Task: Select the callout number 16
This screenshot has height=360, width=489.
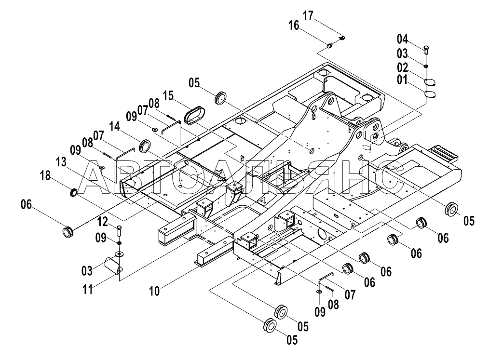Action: coord(294,25)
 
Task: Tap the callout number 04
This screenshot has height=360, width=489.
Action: coord(402,39)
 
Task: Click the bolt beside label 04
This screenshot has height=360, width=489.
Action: coord(426,50)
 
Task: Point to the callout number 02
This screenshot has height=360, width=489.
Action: coord(402,67)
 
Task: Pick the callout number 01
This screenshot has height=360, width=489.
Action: coord(402,80)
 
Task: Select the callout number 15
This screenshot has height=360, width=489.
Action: coord(168,96)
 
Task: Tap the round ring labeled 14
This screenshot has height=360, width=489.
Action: coord(145,146)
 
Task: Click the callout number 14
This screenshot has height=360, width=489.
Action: coord(115,127)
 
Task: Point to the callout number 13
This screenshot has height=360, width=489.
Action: coord(61,162)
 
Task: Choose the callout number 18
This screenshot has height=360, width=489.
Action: coord(45,175)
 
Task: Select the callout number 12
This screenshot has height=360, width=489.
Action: coord(103,222)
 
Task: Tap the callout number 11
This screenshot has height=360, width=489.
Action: coord(88,290)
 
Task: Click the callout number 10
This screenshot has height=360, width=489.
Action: coord(154,291)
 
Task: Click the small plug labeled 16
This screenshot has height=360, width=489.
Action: coord(329,46)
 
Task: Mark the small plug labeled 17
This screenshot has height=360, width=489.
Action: coord(342,38)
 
